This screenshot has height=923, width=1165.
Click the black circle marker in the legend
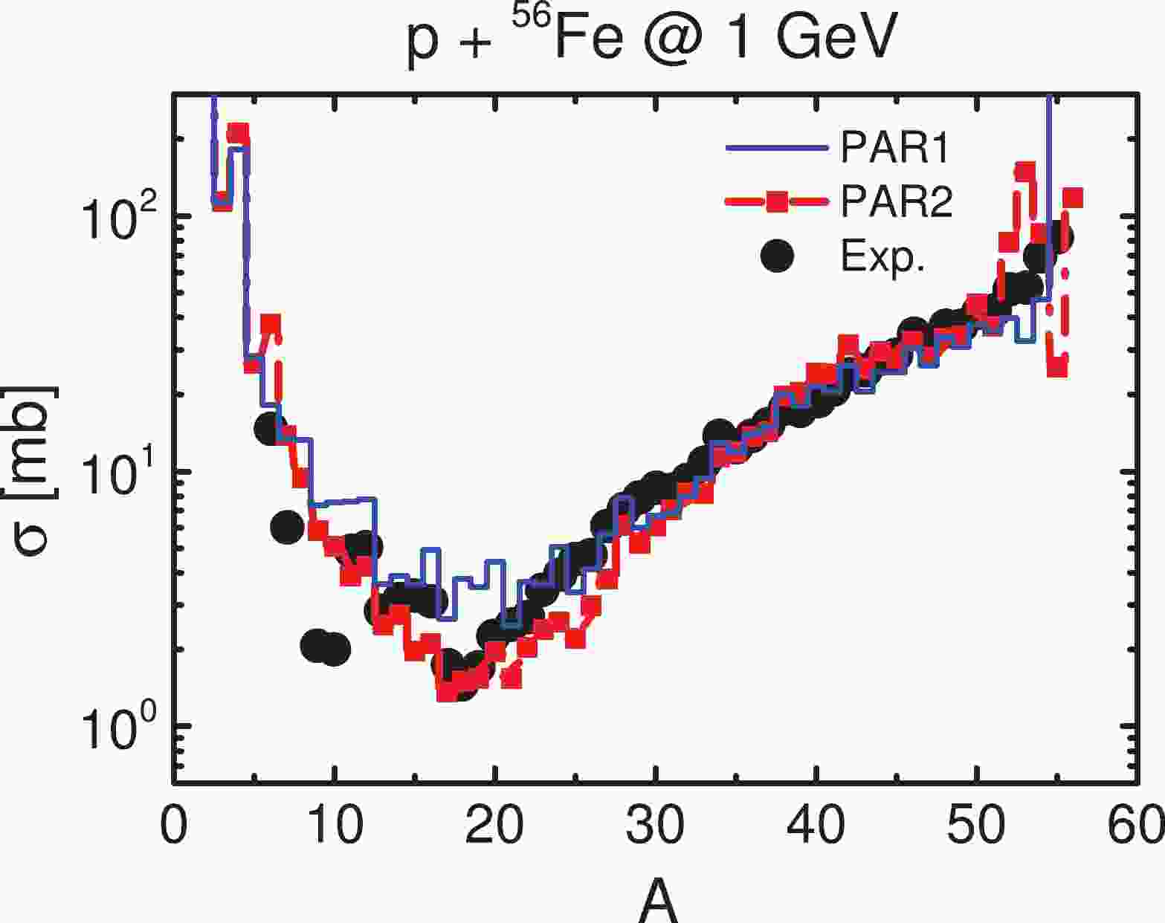(778, 256)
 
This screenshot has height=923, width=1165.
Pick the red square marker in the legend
(778, 201)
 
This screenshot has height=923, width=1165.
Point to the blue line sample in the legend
(778, 148)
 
